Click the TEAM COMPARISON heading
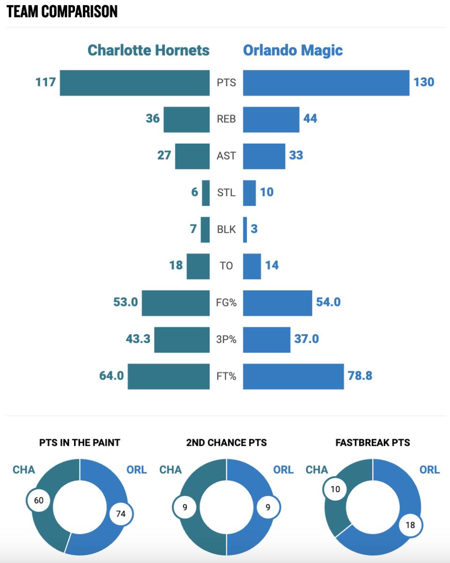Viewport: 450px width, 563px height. tap(62, 12)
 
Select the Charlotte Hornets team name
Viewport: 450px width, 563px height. tap(149, 50)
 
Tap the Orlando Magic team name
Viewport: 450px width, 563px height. tap(292, 50)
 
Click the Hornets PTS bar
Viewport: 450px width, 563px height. tap(135, 83)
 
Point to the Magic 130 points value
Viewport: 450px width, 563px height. tap(424, 82)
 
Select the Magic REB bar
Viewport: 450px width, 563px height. tap(271, 119)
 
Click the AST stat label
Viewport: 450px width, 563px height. tap(226, 155)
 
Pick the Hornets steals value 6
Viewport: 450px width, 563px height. tap(195, 192)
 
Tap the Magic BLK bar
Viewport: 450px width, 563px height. tap(245, 229)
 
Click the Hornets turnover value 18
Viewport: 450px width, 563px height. tap(176, 266)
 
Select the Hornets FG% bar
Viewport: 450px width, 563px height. tap(176, 303)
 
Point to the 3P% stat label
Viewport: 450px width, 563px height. tap(226, 339)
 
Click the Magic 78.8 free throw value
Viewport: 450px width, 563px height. tap(360, 376)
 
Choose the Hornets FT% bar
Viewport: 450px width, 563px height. tap(169, 376)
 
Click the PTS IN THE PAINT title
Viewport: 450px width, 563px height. tap(80, 442)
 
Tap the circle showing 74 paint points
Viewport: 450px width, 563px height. tap(121, 514)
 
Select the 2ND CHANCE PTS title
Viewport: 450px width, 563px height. tap(226, 442)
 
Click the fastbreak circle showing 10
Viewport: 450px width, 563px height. tap(335, 490)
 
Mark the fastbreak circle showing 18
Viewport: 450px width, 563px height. tap(410, 525)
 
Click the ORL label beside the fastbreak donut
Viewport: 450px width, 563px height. tap(429, 470)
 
